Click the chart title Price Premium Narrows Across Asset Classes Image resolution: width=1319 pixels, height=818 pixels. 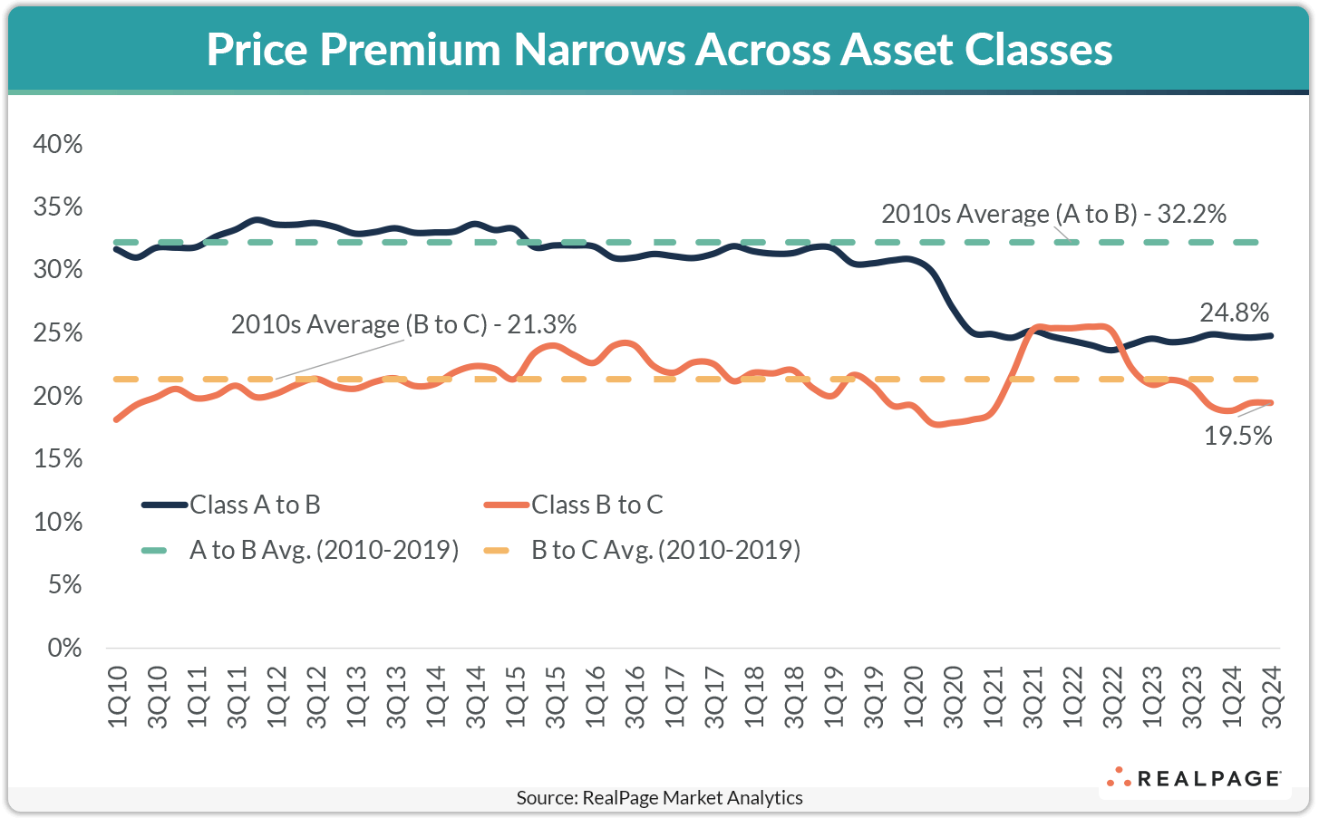659,50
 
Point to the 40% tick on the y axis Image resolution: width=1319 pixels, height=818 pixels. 57,144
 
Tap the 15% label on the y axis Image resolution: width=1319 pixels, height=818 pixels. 57,459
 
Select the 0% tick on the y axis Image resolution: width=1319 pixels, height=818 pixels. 63,648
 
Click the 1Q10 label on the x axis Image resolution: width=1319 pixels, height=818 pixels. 118,696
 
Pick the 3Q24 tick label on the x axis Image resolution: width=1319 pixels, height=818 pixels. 1272,696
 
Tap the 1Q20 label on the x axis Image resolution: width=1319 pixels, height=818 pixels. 914,696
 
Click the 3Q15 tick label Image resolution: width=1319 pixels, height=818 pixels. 556,696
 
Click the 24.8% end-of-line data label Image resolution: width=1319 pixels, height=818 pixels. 1234,313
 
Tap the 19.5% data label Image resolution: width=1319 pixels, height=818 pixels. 1237,436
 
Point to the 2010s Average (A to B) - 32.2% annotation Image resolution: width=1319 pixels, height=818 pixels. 1053,214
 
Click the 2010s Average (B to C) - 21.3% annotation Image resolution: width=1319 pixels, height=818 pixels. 403,324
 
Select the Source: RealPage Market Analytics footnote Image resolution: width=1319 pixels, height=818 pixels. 659,798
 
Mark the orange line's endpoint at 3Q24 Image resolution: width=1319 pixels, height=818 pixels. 1271,402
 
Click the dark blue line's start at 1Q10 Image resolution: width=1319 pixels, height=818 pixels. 116,248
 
